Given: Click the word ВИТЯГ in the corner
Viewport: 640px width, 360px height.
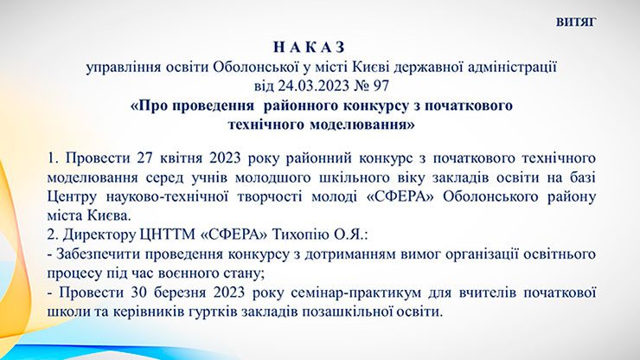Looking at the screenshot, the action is click(576, 22).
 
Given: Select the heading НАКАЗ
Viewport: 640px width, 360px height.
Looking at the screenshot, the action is click(309, 48).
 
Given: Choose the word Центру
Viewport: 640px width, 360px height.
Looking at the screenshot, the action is click(72, 197).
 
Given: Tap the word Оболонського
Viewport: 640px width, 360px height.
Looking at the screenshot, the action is click(490, 197).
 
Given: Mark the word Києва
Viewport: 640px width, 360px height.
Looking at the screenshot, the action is click(109, 215).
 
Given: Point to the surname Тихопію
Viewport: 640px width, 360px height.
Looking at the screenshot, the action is click(299, 235).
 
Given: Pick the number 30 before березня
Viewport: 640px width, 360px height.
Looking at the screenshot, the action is click(138, 292).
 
